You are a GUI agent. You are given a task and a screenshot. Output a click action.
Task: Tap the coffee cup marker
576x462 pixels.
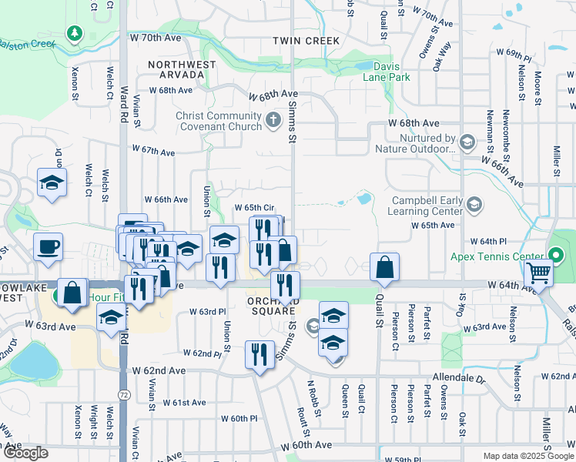[x=49, y=246]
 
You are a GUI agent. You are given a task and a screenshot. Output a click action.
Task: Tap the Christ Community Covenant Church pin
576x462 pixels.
[x=273, y=120]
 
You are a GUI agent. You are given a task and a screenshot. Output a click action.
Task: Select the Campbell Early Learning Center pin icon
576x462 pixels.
[x=474, y=204]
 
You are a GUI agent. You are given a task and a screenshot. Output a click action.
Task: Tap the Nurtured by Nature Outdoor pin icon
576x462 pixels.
[x=466, y=142]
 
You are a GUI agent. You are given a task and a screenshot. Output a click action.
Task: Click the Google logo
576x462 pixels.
[x=25, y=453]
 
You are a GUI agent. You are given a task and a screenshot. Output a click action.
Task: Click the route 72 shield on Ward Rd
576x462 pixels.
[x=123, y=395]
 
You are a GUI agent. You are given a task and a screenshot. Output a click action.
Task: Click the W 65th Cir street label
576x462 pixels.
[x=254, y=208]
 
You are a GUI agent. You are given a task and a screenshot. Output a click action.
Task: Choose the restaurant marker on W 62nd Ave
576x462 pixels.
[x=259, y=354]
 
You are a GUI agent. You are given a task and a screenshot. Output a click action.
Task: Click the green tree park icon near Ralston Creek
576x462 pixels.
[x=74, y=34]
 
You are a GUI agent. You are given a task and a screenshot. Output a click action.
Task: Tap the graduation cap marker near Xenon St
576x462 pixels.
[x=52, y=182]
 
